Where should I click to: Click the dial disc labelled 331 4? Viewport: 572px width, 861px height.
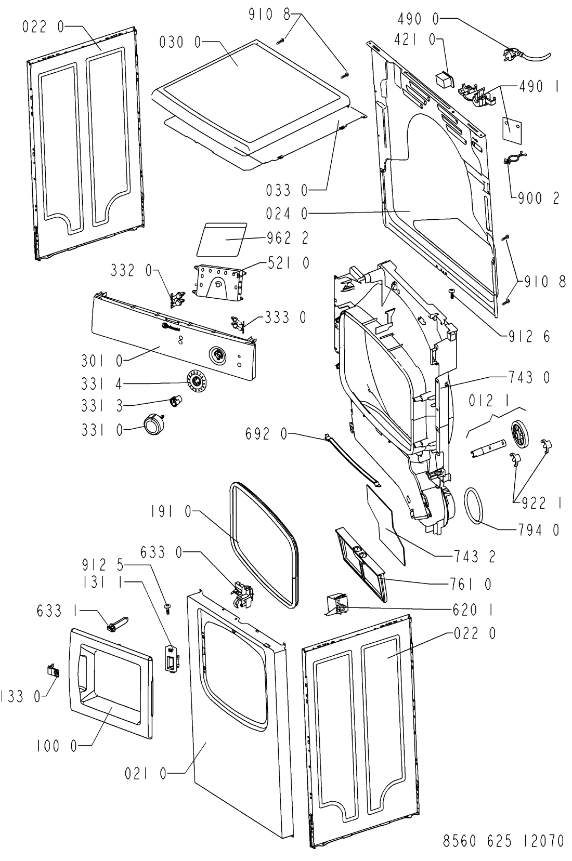(197, 381)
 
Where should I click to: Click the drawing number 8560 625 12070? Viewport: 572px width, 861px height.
(503, 840)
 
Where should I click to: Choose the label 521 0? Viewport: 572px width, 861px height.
(288, 263)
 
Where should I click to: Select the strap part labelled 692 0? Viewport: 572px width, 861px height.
(353, 460)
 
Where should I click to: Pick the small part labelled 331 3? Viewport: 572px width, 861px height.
(175, 402)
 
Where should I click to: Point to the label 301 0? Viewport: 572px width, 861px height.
(102, 361)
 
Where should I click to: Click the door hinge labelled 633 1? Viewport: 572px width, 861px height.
(118, 624)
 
